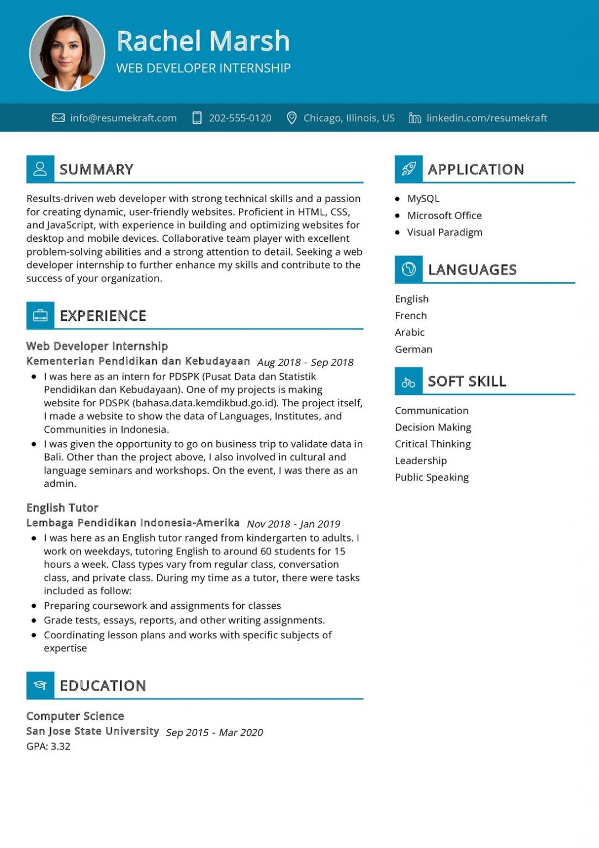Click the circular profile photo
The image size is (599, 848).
(x=67, y=53)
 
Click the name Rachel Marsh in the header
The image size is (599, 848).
(x=203, y=41)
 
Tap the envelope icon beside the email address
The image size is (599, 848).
(x=58, y=118)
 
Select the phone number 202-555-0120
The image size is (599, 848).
(x=240, y=118)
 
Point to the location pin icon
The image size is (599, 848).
(x=291, y=118)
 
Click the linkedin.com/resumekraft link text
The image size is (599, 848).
(x=487, y=118)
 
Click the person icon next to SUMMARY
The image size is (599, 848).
(x=40, y=169)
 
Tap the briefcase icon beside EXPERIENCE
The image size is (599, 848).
(x=40, y=315)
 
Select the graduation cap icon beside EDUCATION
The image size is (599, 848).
(x=40, y=685)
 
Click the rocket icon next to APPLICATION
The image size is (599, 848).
(x=409, y=169)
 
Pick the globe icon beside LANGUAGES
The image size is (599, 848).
(x=409, y=269)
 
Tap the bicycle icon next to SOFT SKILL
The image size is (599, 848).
(x=409, y=381)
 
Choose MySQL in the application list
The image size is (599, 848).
(x=423, y=198)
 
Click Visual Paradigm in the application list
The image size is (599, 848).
(x=444, y=232)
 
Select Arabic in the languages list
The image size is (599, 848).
(x=410, y=332)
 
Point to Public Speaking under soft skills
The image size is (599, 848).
(x=432, y=477)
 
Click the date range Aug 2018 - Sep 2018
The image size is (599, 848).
(x=305, y=362)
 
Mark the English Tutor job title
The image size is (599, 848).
(x=62, y=507)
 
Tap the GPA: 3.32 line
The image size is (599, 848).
(x=49, y=746)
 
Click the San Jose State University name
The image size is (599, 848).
(x=93, y=731)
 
